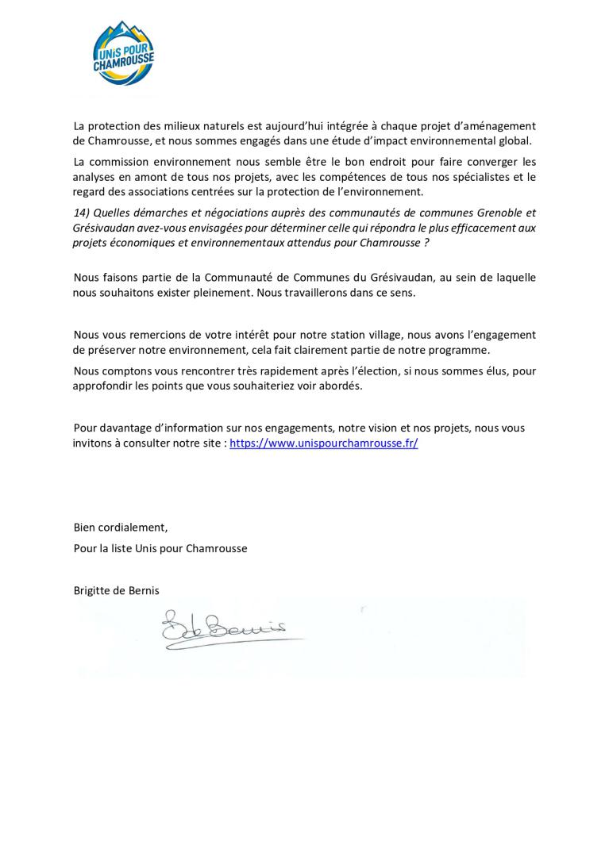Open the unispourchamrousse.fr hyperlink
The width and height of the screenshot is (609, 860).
pos(323,443)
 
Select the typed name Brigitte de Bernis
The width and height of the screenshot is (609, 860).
pos(115,589)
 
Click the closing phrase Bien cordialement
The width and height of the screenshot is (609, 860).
pos(121,528)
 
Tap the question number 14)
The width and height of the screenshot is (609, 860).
pos(82,213)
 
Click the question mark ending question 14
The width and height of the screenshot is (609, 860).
pos(426,243)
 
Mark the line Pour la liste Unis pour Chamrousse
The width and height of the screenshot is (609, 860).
pos(160,548)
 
